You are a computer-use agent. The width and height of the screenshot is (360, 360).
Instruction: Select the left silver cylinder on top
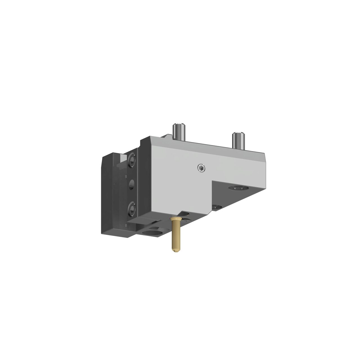tap(179, 132)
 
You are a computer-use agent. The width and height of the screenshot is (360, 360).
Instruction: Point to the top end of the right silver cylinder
tap(238, 133)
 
